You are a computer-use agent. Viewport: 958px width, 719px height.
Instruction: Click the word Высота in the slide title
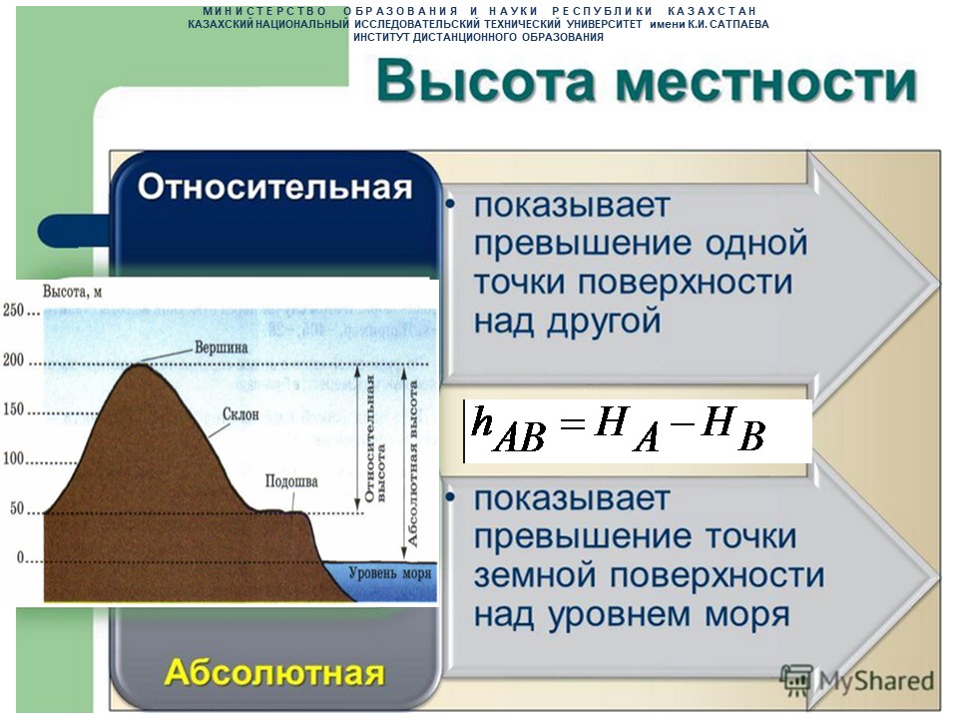tap(486, 81)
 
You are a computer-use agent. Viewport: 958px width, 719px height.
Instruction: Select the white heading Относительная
tap(275, 187)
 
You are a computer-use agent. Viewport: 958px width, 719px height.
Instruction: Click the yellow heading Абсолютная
tap(274, 672)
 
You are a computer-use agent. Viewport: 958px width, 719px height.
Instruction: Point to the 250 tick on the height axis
tap(13, 311)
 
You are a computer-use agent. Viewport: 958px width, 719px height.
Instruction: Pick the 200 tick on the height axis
tap(13, 360)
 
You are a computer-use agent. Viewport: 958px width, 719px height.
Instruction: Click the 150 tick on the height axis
tap(13, 409)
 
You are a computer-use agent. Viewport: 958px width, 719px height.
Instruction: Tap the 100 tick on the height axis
tap(13, 458)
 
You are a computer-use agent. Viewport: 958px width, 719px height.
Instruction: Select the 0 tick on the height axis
tap(21, 557)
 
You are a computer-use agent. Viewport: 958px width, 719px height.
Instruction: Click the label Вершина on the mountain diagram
tap(222, 348)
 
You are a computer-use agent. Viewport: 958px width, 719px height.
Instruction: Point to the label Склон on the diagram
tap(240, 414)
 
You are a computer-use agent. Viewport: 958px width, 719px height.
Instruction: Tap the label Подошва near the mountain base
tap(291, 481)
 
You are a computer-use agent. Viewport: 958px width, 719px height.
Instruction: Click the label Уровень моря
tap(390, 573)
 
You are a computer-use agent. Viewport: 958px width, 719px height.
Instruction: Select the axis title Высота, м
tap(72, 292)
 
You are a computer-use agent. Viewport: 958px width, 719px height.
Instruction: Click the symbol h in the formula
tap(482, 420)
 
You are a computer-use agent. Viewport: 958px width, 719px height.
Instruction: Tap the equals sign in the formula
tap(572, 423)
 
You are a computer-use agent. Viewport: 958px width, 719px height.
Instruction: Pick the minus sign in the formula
tap(685, 423)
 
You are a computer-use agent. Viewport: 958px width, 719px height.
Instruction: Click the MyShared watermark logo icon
tap(797, 681)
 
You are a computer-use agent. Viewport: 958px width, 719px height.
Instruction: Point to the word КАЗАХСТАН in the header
tap(713, 11)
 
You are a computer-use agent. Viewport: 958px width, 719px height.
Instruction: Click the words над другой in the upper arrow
tap(568, 321)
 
